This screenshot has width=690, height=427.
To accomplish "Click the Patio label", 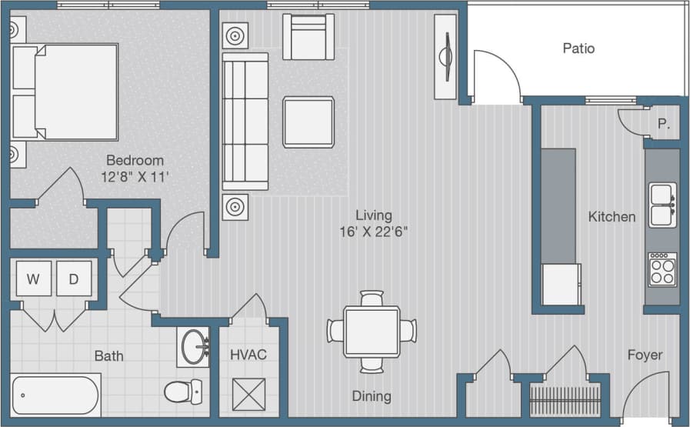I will point(578,48).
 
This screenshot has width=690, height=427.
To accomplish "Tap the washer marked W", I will point(33,279).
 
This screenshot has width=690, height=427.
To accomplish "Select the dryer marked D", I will point(74,279).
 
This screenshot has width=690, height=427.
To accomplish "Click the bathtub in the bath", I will point(55,395).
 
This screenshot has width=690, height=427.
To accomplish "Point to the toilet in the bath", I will point(183,391).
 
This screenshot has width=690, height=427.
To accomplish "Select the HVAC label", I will point(248,355).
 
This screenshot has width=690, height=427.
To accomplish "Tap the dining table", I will point(372,331).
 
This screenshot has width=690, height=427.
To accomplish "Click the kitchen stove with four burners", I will point(662,269).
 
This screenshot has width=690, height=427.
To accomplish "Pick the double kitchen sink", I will point(662,205).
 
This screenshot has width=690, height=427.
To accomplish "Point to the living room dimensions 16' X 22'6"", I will point(373,232).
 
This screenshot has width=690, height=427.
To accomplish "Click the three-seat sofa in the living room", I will point(245,122).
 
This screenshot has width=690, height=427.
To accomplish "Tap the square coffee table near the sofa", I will point(308,122).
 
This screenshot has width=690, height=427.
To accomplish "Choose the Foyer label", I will point(645,355).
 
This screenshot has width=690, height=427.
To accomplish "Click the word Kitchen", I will point(612,217).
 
